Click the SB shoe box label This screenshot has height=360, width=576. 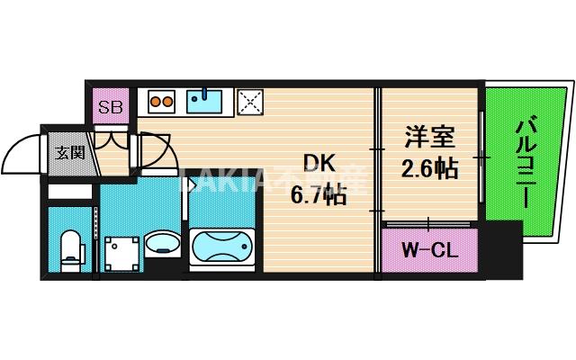click(x=112, y=107)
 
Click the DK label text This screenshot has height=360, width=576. click(x=318, y=163)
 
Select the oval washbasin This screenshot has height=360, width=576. click(x=163, y=242)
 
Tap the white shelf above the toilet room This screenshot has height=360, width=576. click(x=68, y=192)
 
